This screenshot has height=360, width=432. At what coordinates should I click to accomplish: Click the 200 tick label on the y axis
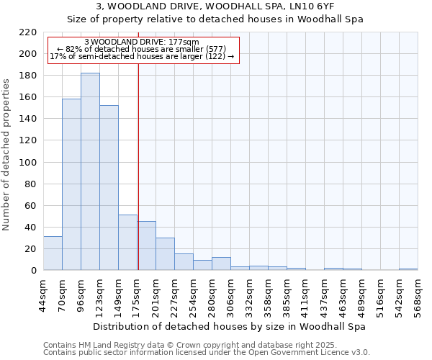tap(29, 54)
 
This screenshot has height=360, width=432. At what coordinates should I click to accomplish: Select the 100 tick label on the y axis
tap(29, 162)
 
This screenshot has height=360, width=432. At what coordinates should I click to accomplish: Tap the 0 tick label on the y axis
tap(33, 271)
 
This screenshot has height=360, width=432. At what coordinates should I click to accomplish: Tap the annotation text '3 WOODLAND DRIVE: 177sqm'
tap(141, 42)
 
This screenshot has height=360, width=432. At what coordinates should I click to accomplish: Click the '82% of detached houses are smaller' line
tap(141, 49)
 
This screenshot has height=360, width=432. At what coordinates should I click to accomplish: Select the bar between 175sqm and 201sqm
tap(146, 246)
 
